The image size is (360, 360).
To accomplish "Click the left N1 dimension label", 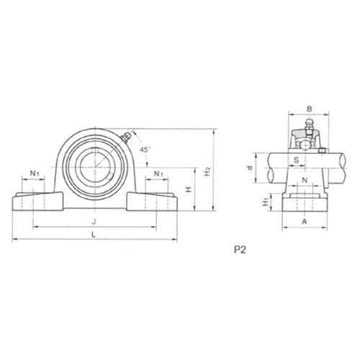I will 35,174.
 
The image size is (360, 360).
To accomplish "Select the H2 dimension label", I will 207,172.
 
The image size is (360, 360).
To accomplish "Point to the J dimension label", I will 94,221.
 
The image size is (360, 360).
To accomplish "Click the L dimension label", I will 94,235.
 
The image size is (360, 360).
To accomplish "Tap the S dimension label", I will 297,158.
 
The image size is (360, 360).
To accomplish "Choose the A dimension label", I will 305,222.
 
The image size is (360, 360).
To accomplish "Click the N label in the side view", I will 305,179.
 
